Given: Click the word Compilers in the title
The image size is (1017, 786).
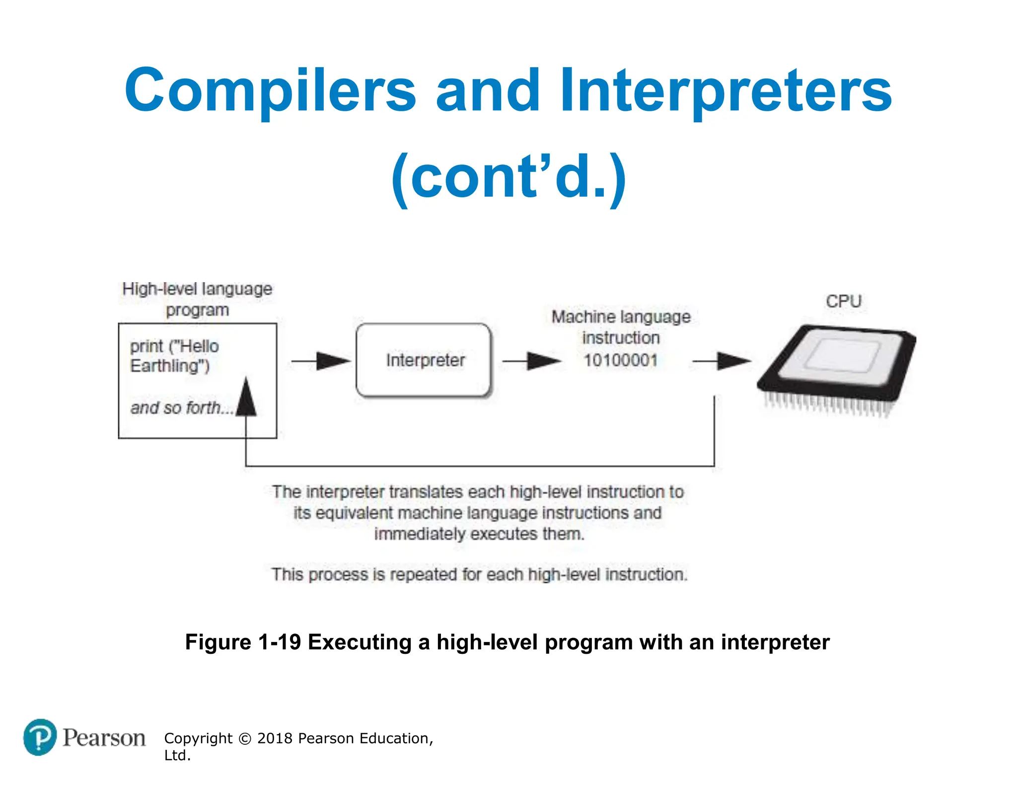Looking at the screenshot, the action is (270, 91).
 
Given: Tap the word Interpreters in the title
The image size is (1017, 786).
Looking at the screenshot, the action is (726, 91).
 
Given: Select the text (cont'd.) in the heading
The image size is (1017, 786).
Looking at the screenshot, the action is (508, 177).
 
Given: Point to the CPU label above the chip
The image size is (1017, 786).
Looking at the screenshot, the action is (843, 301).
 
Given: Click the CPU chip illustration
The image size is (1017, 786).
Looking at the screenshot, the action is (837, 368).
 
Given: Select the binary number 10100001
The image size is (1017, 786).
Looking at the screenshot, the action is (620, 360).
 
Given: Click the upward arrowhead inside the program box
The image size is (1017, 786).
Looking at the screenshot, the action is (246, 397).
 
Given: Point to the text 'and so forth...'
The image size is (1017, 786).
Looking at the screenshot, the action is (182, 408).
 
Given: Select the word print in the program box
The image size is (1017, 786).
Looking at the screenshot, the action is (146, 346).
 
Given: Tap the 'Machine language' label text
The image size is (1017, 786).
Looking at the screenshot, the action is (621, 317).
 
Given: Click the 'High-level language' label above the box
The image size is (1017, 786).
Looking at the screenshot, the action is (197, 289).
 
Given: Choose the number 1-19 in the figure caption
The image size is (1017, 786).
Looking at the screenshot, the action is (280, 642).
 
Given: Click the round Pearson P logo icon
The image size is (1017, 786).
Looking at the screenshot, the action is (40, 737).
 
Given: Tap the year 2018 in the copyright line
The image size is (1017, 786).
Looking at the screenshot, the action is (275, 738).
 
